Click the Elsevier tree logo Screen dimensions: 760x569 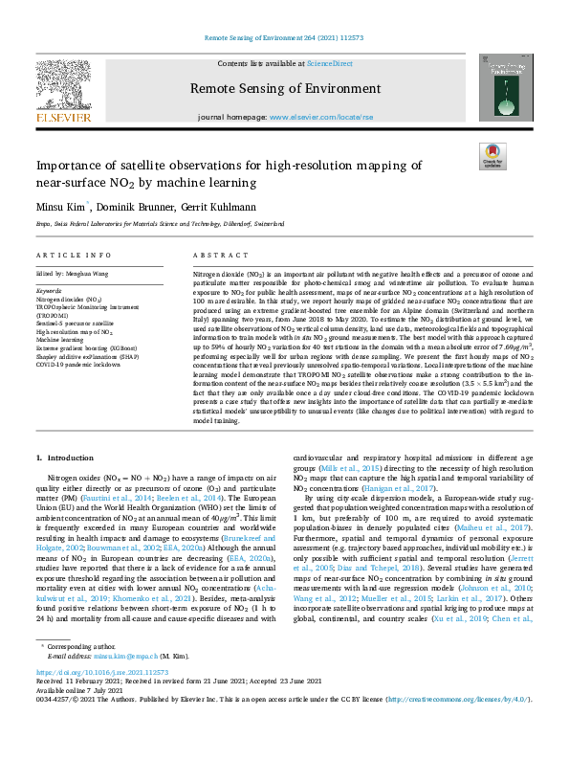64,88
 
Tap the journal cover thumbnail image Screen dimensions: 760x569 507,87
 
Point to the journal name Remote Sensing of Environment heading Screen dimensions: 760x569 285,89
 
